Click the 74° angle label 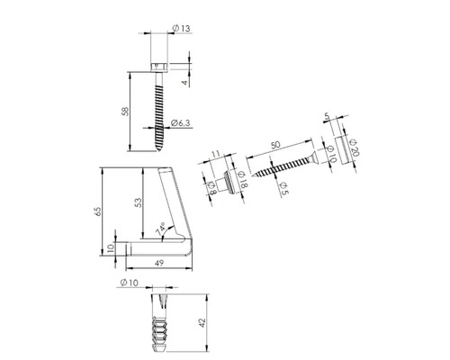(161, 231)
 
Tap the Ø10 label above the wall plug (127, 284)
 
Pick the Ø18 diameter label (241, 175)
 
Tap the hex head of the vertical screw (160, 66)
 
